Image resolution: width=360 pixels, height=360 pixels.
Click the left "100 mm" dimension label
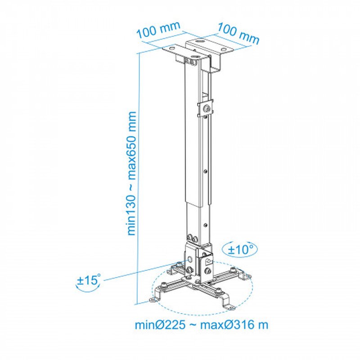pos(158,32)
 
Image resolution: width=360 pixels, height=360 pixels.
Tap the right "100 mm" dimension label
pos(238,33)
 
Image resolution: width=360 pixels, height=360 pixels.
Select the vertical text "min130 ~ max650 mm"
pos(132,173)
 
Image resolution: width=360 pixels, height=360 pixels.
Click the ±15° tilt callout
pos(89,282)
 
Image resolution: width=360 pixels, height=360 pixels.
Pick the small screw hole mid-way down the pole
pos(205,171)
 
